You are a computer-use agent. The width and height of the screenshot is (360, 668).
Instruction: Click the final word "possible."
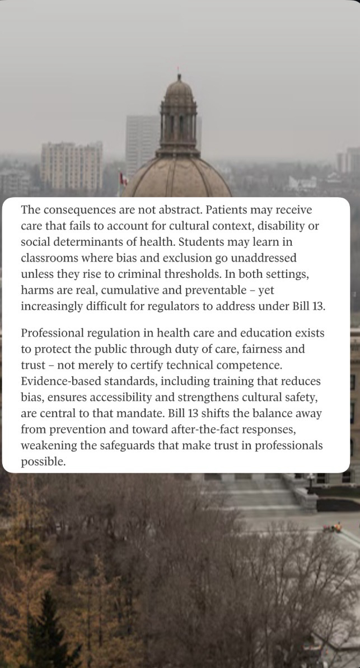[x=43, y=462]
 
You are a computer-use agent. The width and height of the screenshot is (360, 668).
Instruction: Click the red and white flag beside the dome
[x=123, y=179]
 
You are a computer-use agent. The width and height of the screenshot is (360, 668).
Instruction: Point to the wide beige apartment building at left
[x=72, y=165]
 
